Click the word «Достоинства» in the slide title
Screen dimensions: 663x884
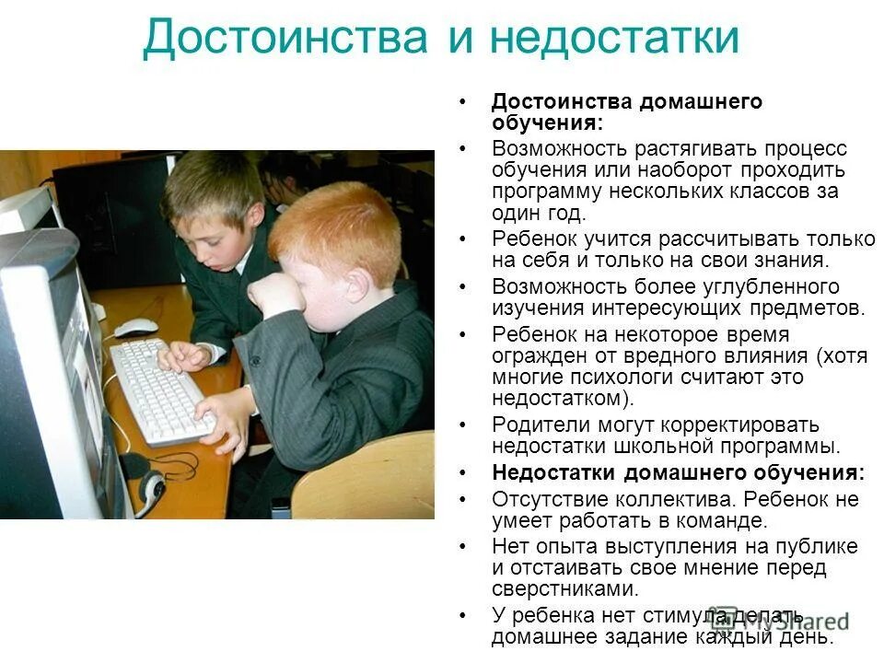click(x=286, y=40)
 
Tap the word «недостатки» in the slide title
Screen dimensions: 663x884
click(x=614, y=40)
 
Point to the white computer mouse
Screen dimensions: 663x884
click(x=135, y=327)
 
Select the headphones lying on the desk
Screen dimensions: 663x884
click(x=147, y=478)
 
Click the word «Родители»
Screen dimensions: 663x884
click(x=538, y=425)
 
